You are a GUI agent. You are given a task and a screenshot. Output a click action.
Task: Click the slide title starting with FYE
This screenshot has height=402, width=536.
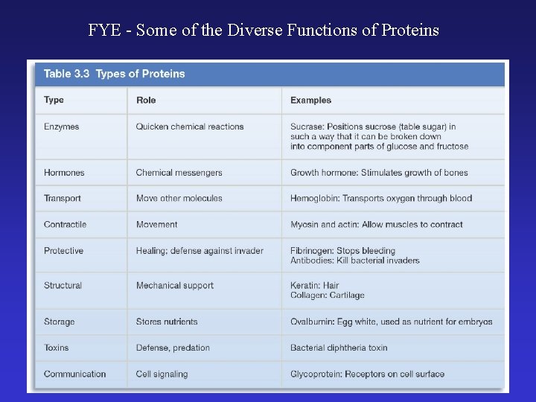tap(264, 31)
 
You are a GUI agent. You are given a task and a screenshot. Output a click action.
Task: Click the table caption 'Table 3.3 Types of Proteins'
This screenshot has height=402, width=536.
tap(114, 74)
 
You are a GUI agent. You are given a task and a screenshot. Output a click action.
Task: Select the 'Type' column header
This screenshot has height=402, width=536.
tap(54, 100)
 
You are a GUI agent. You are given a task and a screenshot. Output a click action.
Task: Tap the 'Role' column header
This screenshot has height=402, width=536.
tap(146, 100)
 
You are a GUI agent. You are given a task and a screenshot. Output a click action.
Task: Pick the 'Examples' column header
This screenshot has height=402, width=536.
tap(310, 100)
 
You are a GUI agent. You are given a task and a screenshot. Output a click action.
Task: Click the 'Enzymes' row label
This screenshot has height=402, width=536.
tap(61, 127)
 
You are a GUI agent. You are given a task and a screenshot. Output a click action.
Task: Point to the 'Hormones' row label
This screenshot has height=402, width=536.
tap(64, 173)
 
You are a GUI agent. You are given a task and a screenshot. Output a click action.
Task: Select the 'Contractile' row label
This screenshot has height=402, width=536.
tap(65, 224)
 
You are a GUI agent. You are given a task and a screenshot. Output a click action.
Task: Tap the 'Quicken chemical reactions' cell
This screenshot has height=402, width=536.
tap(190, 127)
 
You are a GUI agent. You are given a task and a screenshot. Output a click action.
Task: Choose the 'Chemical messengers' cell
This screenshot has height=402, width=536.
tap(179, 173)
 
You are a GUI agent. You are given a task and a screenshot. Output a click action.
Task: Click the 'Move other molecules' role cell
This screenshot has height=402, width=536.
tap(179, 198)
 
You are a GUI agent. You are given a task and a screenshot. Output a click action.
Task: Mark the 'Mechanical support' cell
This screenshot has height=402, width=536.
tap(174, 285)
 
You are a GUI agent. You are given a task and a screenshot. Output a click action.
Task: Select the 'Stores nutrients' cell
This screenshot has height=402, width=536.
tap(167, 322)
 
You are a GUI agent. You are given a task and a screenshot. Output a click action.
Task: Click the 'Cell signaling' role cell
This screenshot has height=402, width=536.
tap(162, 374)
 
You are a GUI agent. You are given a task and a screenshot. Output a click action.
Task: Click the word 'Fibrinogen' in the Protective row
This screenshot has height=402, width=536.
tap(312, 251)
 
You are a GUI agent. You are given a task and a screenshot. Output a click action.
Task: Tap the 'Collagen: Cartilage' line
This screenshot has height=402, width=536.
tap(327, 295)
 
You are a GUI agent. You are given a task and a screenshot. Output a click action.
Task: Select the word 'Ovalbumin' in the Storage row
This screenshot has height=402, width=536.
tap(313, 322)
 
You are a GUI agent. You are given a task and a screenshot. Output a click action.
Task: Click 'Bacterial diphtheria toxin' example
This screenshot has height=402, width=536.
tap(339, 348)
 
